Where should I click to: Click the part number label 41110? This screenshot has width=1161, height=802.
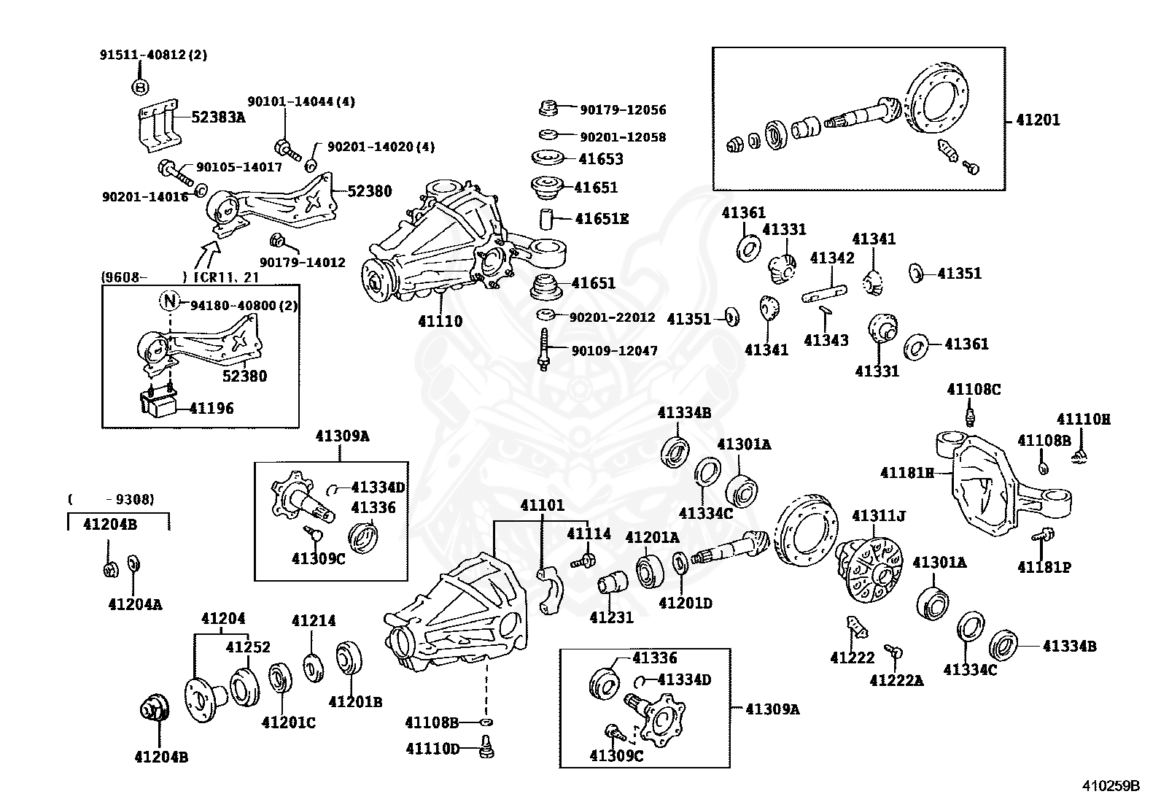click(x=440, y=321)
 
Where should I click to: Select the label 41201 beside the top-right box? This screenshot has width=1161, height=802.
click(x=1038, y=120)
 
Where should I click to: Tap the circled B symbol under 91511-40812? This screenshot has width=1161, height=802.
click(x=140, y=87)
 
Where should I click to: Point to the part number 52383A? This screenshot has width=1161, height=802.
click(x=218, y=117)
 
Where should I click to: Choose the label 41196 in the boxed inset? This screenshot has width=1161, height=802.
click(x=211, y=408)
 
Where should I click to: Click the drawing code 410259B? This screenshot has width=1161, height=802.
click(x=1111, y=786)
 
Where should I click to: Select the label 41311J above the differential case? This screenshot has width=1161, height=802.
click(x=879, y=517)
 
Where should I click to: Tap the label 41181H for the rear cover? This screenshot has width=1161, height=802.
click(x=906, y=473)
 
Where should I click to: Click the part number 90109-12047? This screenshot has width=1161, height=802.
click(x=614, y=351)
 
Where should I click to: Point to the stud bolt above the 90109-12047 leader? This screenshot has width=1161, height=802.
click(x=543, y=350)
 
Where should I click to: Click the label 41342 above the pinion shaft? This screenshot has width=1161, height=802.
click(x=831, y=258)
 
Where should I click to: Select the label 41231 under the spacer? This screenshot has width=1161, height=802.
click(x=611, y=617)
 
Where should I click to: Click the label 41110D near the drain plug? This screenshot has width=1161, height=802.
click(x=432, y=749)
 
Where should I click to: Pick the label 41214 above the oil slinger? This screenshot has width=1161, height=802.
click(x=314, y=621)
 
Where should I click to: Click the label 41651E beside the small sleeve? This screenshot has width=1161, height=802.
click(x=602, y=218)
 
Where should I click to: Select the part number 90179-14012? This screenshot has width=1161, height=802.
click(x=303, y=262)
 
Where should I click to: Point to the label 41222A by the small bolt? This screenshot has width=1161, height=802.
click(x=896, y=680)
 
